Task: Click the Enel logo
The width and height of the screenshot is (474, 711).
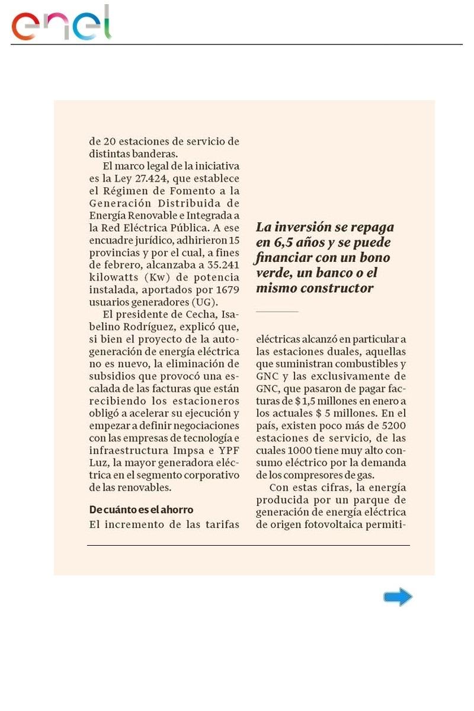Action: [61, 24]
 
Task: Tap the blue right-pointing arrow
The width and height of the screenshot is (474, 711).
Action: [398, 597]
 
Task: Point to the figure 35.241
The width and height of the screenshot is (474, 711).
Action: [219, 265]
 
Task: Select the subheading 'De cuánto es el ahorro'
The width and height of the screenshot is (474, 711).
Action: [141, 510]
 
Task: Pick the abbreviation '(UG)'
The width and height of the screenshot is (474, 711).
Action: [205, 302]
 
